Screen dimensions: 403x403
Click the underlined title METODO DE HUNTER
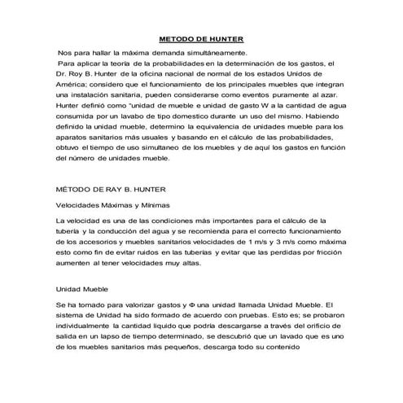tap(201, 38)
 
